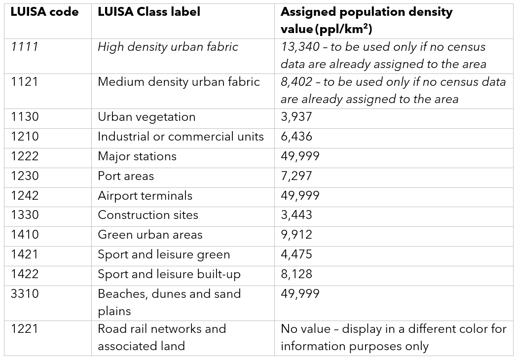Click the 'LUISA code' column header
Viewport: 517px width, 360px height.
click(x=44, y=12)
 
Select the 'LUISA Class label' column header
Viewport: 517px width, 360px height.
click(x=149, y=12)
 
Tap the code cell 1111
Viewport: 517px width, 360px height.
click(x=25, y=47)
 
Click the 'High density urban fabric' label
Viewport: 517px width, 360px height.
click(x=168, y=47)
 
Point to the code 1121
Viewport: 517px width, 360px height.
click(x=25, y=82)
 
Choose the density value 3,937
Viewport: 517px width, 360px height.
click(x=296, y=117)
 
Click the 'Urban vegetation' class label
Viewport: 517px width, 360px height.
click(x=147, y=117)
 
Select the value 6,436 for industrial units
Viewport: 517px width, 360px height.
click(x=296, y=137)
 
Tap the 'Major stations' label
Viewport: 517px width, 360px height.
click(x=137, y=156)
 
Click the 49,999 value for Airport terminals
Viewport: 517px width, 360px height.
click(x=300, y=196)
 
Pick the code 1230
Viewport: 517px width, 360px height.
click(x=25, y=176)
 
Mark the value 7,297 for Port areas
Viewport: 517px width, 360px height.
click(x=296, y=176)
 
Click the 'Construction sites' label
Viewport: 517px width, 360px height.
click(x=148, y=215)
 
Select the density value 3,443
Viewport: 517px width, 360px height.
click(x=296, y=215)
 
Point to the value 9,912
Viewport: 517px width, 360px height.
click(x=296, y=235)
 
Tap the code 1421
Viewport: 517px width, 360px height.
click(x=25, y=254)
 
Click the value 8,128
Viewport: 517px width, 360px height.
click(x=296, y=274)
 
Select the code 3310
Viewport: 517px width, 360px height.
click(x=25, y=294)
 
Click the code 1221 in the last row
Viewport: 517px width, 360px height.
click(x=25, y=329)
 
